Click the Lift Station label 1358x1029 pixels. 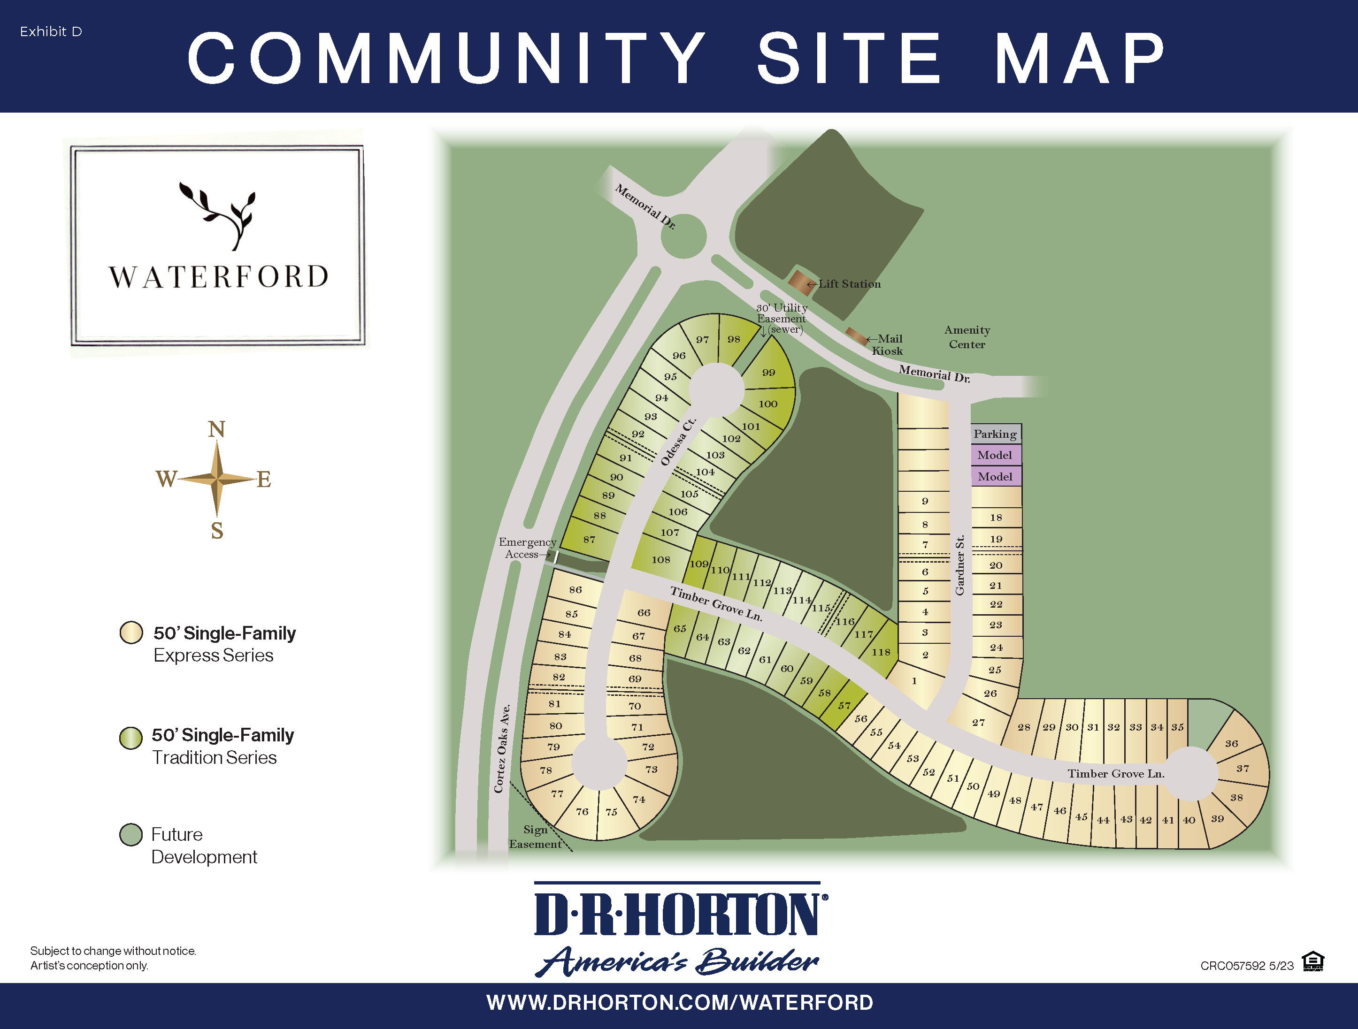tap(849, 284)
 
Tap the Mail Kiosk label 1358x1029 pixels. tap(888, 345)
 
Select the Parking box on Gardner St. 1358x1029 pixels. tap(995, 434)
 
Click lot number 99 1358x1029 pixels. tap(768, 373)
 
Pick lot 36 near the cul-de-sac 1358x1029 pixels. tap(1232, 744)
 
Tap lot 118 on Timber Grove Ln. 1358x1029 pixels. tap(881, 652)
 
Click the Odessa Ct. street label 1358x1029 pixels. tap(678, 442)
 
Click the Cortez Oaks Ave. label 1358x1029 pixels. tap(502, 748)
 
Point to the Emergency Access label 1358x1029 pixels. tap(527, 548)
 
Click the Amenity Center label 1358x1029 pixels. tap(967, 337)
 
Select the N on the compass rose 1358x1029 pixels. tap(217, 429)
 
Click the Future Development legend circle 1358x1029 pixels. tap(131, 834)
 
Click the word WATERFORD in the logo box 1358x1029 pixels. tap(219, 277)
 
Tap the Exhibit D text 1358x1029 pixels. tap(51, 32)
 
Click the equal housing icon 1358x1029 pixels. tap(1312, 961)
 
